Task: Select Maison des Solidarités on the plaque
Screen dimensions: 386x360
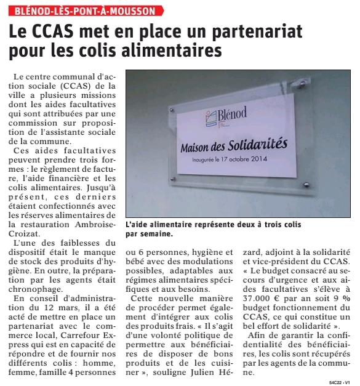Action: (234, 147)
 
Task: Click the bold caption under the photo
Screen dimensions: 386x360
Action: (213, 230)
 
